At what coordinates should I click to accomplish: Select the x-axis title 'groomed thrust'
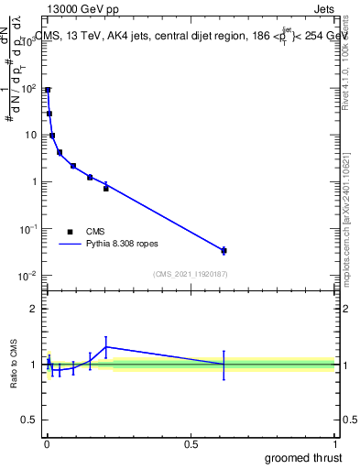[x=305, y=457]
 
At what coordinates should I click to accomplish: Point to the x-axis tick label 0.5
[x=191, y=444]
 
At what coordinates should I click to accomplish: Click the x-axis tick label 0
[x=46, y=444]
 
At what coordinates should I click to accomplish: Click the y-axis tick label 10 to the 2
[x=28, y=88]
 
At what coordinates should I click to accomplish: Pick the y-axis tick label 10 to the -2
[x=27, y=275]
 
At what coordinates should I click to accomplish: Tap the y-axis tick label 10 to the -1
[x=27, y=228]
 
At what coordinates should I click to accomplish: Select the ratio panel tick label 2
[x=34, y=309]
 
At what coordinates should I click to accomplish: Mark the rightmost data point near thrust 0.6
[x=224, y=250]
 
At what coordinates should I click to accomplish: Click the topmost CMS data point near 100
[x=48, y=90]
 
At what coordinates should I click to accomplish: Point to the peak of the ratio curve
[x=106, y=347]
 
